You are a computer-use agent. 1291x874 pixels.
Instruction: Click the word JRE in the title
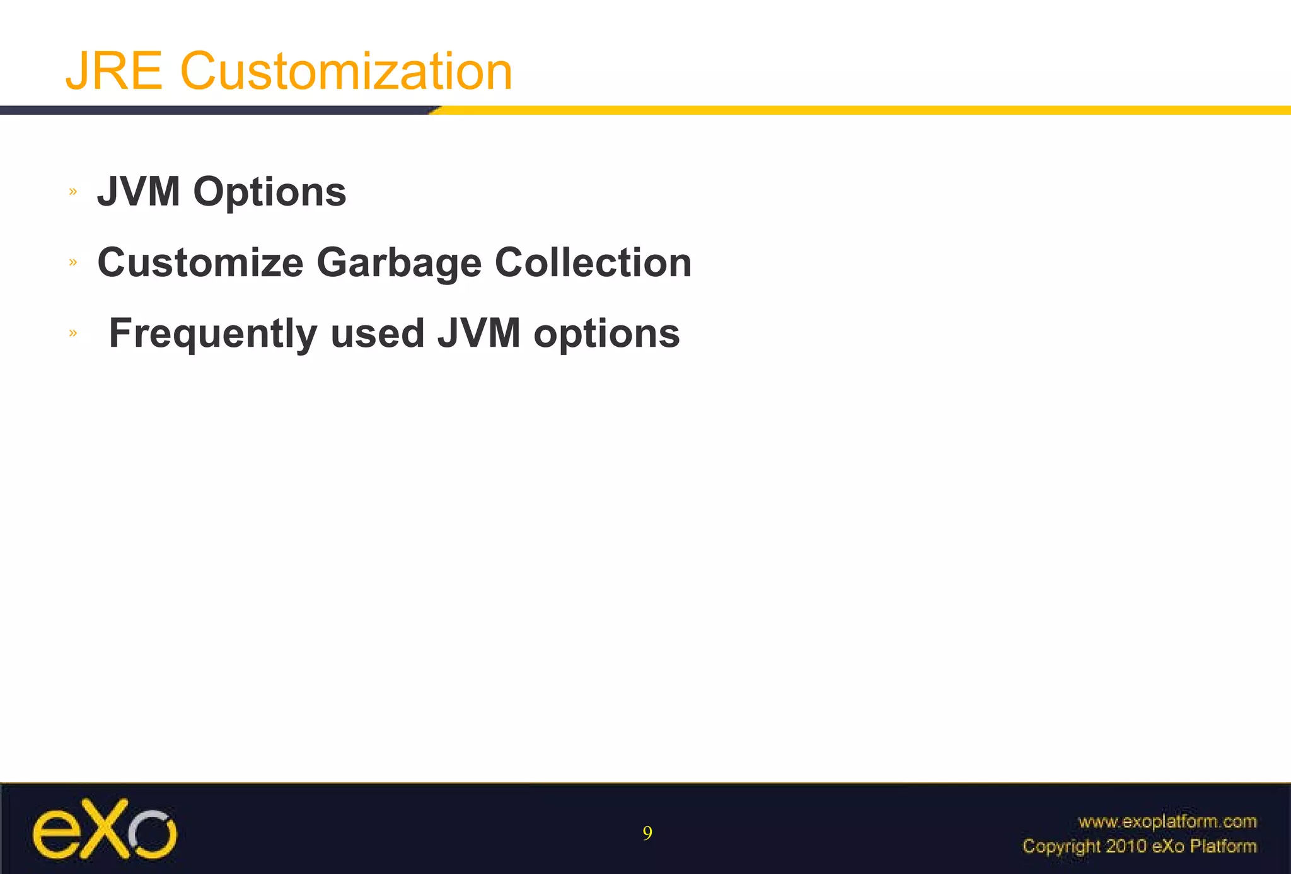tap(114, 71)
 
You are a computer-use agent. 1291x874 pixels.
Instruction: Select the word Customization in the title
tap(346, 71)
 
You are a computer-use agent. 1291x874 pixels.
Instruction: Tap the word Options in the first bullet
tap(270, 192)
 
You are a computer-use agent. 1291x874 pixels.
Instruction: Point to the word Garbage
tap(399, 263)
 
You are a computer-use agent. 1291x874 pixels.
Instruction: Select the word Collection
tap(593, 262)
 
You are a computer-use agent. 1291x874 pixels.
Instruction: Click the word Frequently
tap(213, 334)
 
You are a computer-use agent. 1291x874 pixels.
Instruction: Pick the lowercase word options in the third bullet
tap(607, 334)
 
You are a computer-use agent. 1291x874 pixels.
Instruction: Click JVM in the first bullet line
tap(139, 192)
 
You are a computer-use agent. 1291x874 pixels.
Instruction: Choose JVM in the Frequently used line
tap(479, 333)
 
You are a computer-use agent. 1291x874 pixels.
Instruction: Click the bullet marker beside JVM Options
tap(73, 191)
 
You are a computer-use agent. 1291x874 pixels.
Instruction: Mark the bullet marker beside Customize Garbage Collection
tap(73, 262)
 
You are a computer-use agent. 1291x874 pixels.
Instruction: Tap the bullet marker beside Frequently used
tap(73, 332)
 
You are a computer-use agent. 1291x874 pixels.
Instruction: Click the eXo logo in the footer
tap(105, 829)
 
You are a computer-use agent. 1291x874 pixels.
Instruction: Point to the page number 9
tap(647, 834)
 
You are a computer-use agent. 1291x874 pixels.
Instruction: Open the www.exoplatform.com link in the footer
tap(1167, 821)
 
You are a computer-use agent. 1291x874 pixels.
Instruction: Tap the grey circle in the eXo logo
tap(153, 833)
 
